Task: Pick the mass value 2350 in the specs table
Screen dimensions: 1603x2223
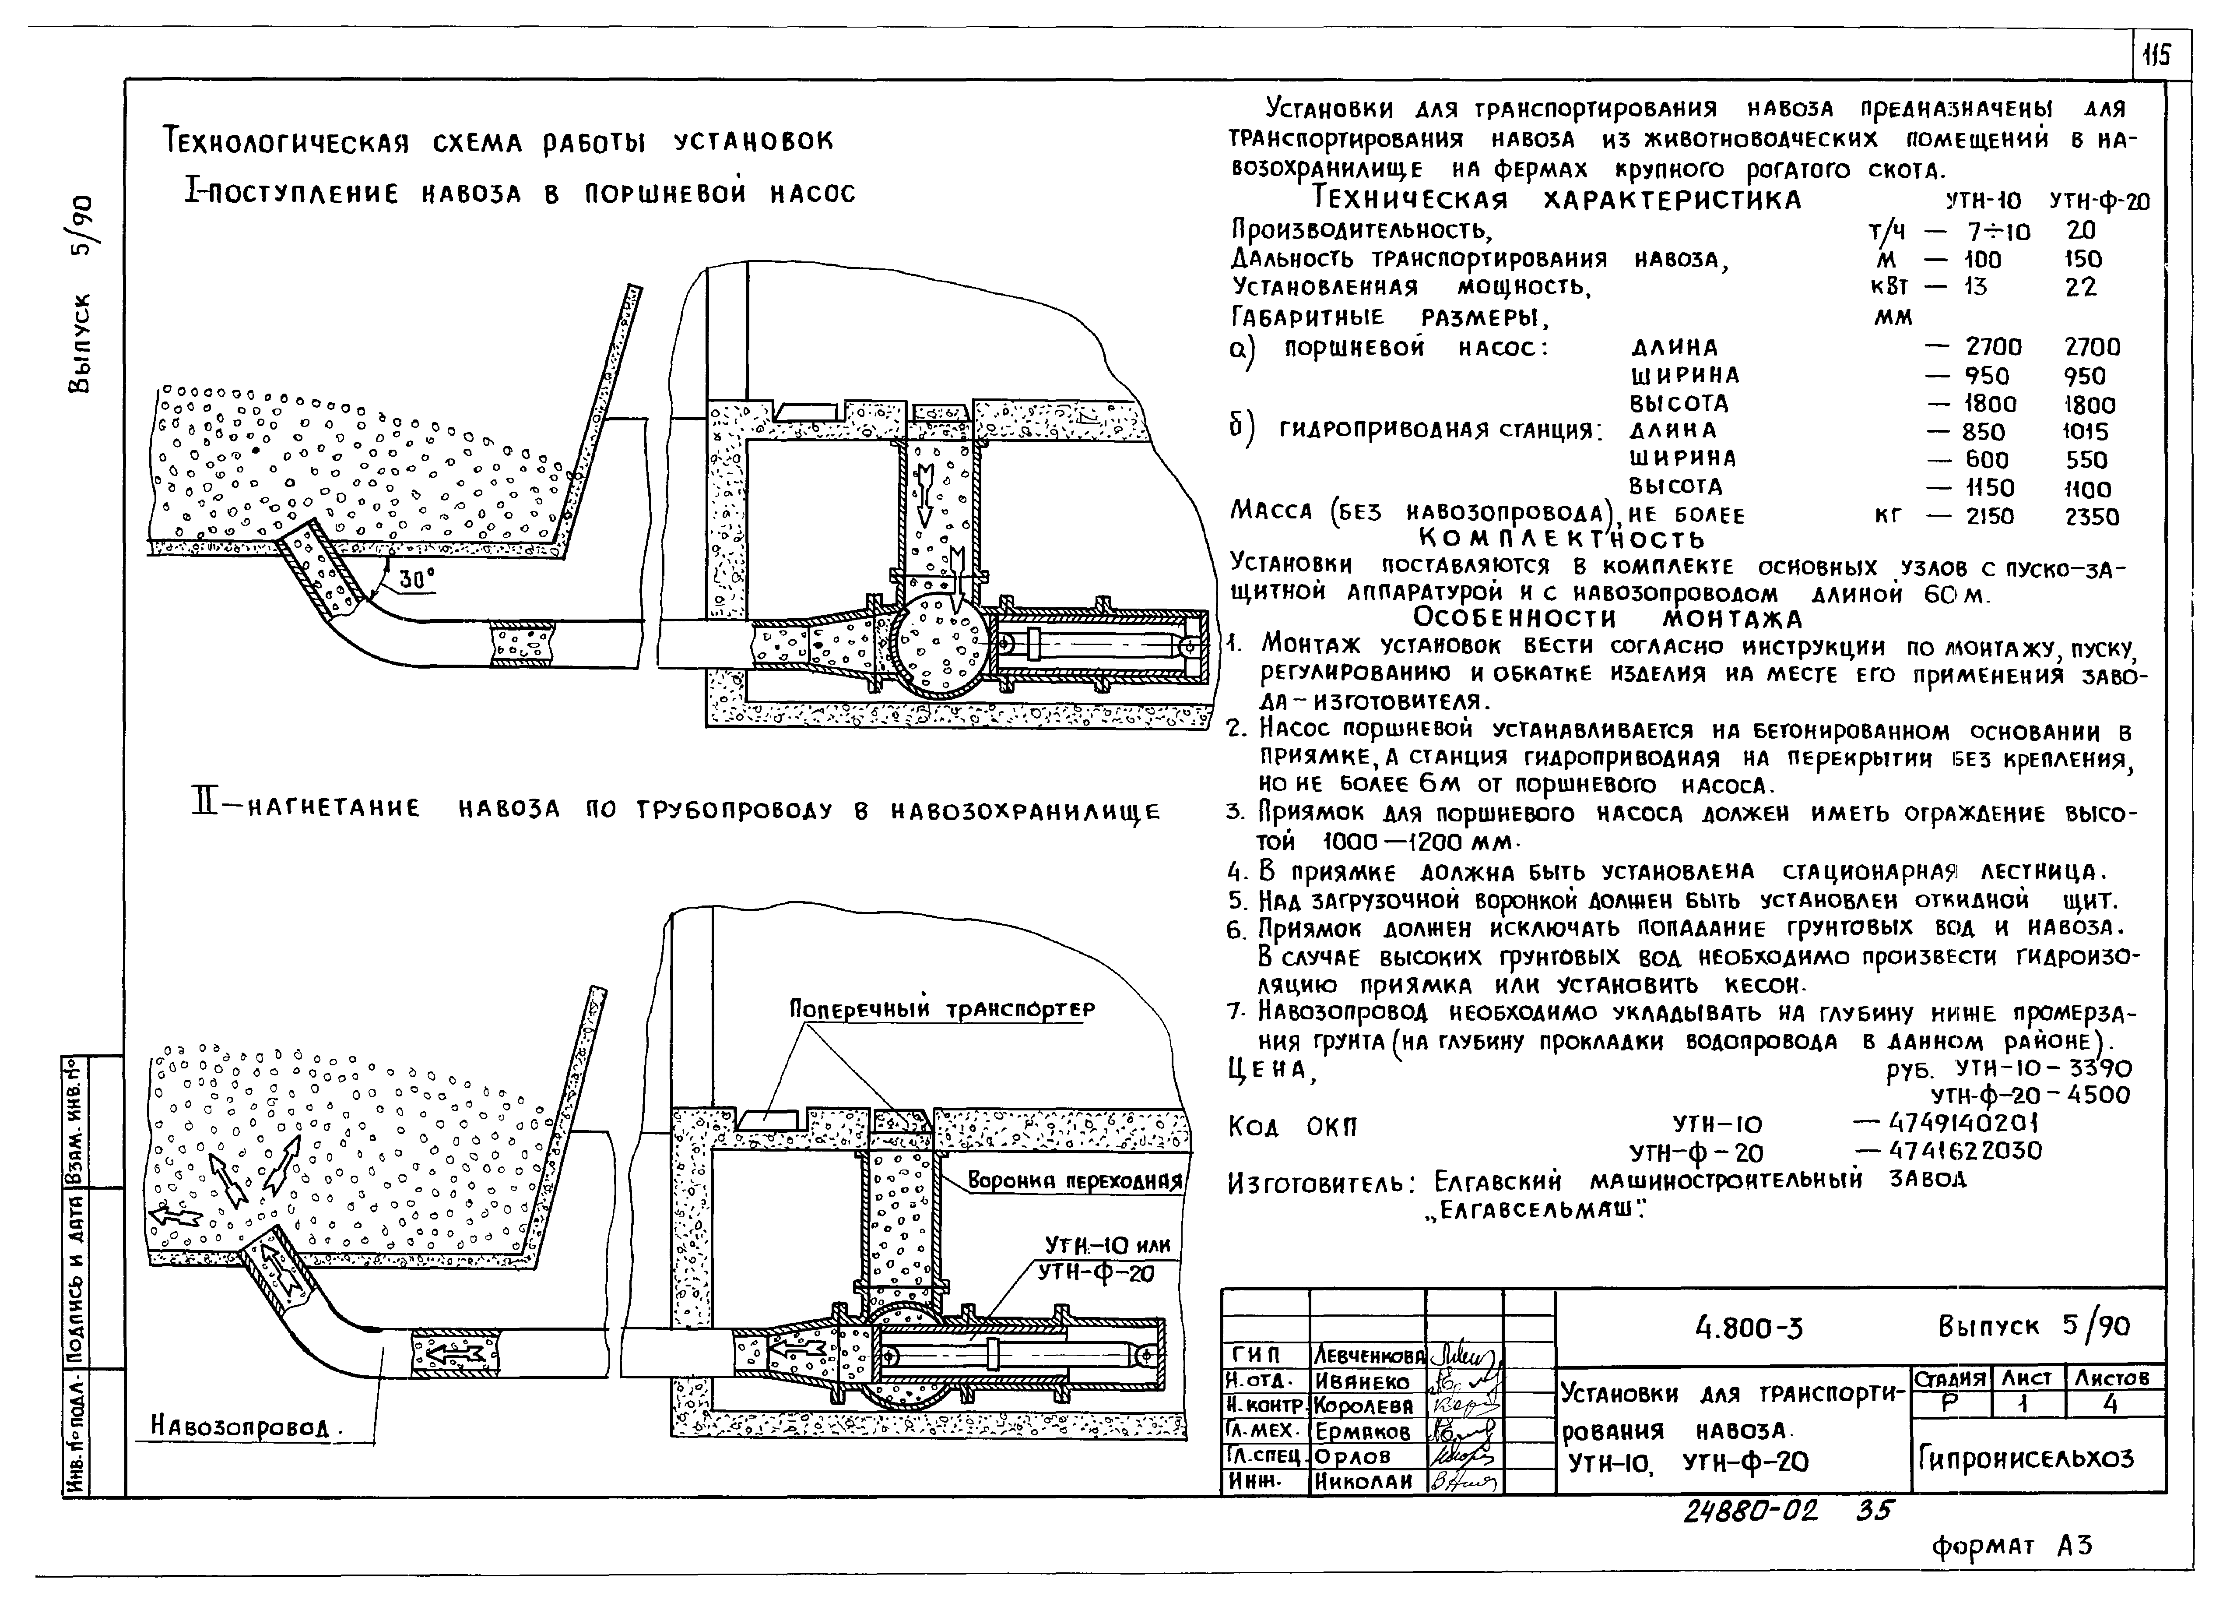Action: [2092, 517]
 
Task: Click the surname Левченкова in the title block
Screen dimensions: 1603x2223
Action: [1367, 1357]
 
